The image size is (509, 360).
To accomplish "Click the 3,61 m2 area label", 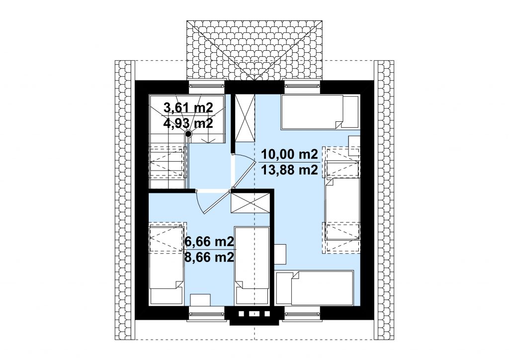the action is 188,107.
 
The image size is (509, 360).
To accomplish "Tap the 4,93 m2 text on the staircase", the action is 188,123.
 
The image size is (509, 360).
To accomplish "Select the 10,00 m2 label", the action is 289,154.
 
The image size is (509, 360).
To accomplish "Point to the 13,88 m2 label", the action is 289,170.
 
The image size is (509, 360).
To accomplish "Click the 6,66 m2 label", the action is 209,242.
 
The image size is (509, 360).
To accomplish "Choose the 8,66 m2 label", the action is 209,257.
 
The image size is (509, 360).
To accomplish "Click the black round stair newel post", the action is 188,134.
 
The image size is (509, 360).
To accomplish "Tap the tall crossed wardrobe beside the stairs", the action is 245,118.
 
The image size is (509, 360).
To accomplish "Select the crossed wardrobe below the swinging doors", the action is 251,203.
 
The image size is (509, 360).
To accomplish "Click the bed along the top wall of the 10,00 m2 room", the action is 320,112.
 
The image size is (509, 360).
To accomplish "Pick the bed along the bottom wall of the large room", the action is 314,288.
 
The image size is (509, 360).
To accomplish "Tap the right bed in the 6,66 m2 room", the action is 252,266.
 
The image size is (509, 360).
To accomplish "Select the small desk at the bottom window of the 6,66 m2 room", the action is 200,300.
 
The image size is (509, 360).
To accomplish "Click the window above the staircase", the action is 207,86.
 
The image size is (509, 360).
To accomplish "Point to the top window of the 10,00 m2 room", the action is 302,86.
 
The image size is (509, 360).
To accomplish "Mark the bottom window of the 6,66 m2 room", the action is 207,314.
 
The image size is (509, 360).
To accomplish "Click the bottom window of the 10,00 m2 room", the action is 302,314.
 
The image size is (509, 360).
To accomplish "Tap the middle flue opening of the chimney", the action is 254,314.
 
